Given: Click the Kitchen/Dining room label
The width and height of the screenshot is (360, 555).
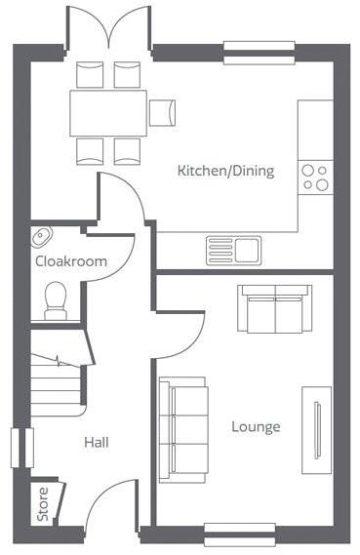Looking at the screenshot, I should (225, 171).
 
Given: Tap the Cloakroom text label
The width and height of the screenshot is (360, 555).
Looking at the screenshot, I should (71, 261).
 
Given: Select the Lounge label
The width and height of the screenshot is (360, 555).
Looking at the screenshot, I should (256, 426).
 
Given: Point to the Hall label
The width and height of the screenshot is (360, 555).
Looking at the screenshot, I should (96, 442).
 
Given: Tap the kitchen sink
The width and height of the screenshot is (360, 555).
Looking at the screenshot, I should (232, 250).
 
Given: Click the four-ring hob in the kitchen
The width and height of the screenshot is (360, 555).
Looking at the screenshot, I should (314, 177).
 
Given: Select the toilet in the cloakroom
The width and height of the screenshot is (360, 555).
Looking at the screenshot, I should (56, 298).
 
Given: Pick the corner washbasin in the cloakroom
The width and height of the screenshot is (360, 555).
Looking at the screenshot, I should (42, 236).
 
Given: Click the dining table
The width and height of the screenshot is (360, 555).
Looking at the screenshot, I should (107, 112).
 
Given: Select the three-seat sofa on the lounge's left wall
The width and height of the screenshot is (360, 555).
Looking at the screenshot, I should (183, 429).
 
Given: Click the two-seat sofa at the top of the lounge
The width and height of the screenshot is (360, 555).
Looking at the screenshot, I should (275, 307).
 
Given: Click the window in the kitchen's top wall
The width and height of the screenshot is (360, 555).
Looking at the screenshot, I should (259, 45).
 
